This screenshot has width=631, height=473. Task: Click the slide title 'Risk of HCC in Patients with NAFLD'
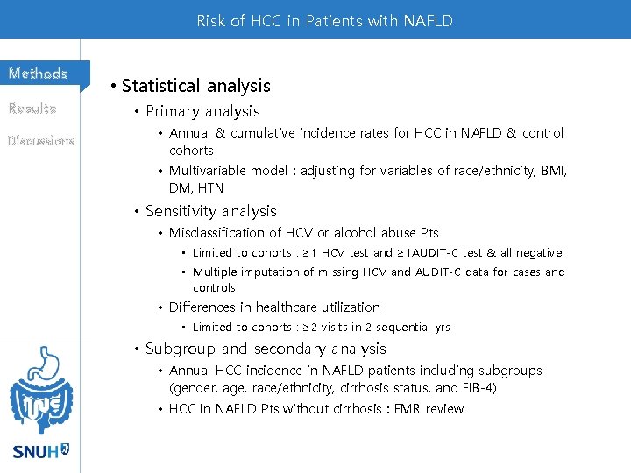click(x=324, y=20)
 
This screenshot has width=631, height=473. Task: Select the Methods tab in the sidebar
click(x=39, y=74)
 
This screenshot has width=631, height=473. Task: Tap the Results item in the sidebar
click(x=32, y=109)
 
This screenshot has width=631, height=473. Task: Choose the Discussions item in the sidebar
click(x=40, y=140)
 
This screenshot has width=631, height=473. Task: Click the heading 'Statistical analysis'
click(x=195, y=86)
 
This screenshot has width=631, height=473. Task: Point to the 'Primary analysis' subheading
click(x=202, y=111)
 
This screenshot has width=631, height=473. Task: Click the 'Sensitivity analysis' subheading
click(x=210, y=211)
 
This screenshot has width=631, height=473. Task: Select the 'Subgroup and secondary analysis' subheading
click(x=266, y=349)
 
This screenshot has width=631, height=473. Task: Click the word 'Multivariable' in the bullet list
click(x=209, y=171)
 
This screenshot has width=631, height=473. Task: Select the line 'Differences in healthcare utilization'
click(x=274, y=307)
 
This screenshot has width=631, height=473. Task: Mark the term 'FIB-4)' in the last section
click(x=478, y=388)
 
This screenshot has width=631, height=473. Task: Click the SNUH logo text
click(x=39, y=452)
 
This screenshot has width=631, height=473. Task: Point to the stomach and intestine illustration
click(x=39, y=390)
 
